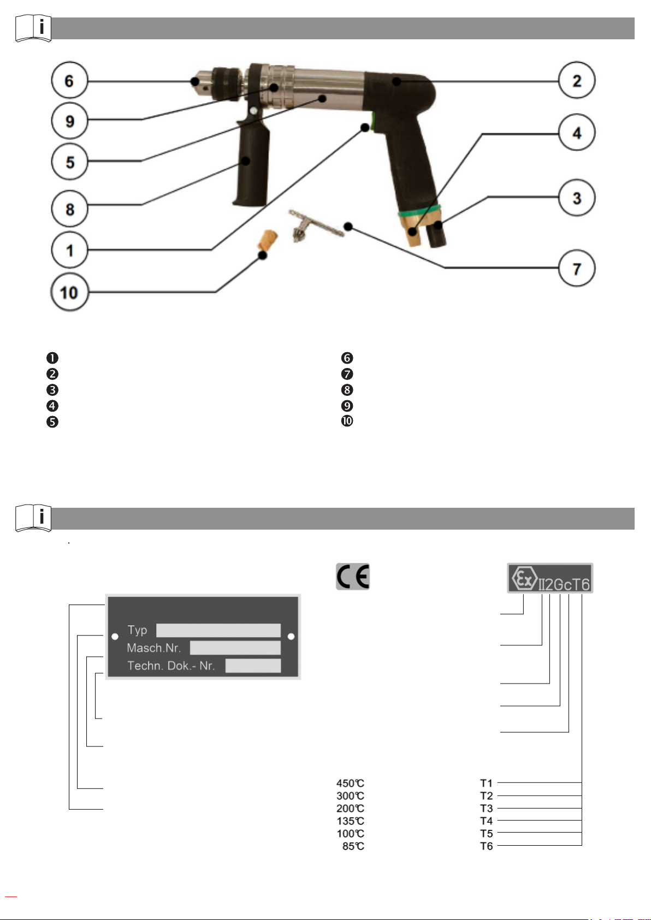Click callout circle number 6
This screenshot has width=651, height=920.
pyautogui.click(x=69, y=80)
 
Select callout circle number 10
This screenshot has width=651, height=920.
pyautogui.click(x=69, y=292)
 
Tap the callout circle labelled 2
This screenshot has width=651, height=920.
pyautogui.click(x=577, y=80)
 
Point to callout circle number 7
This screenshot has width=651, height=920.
pyautogui.click(x=577, y=268)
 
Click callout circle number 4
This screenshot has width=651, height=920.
pyautogui.click(x=577, y=132)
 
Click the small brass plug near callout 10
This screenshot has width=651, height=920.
pyautogui.click(x=268, y=240)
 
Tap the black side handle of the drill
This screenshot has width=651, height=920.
pyautogui.click(x=251, y=162)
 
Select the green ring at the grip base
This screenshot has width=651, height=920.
pyautogui.click(x=419, y=210)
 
